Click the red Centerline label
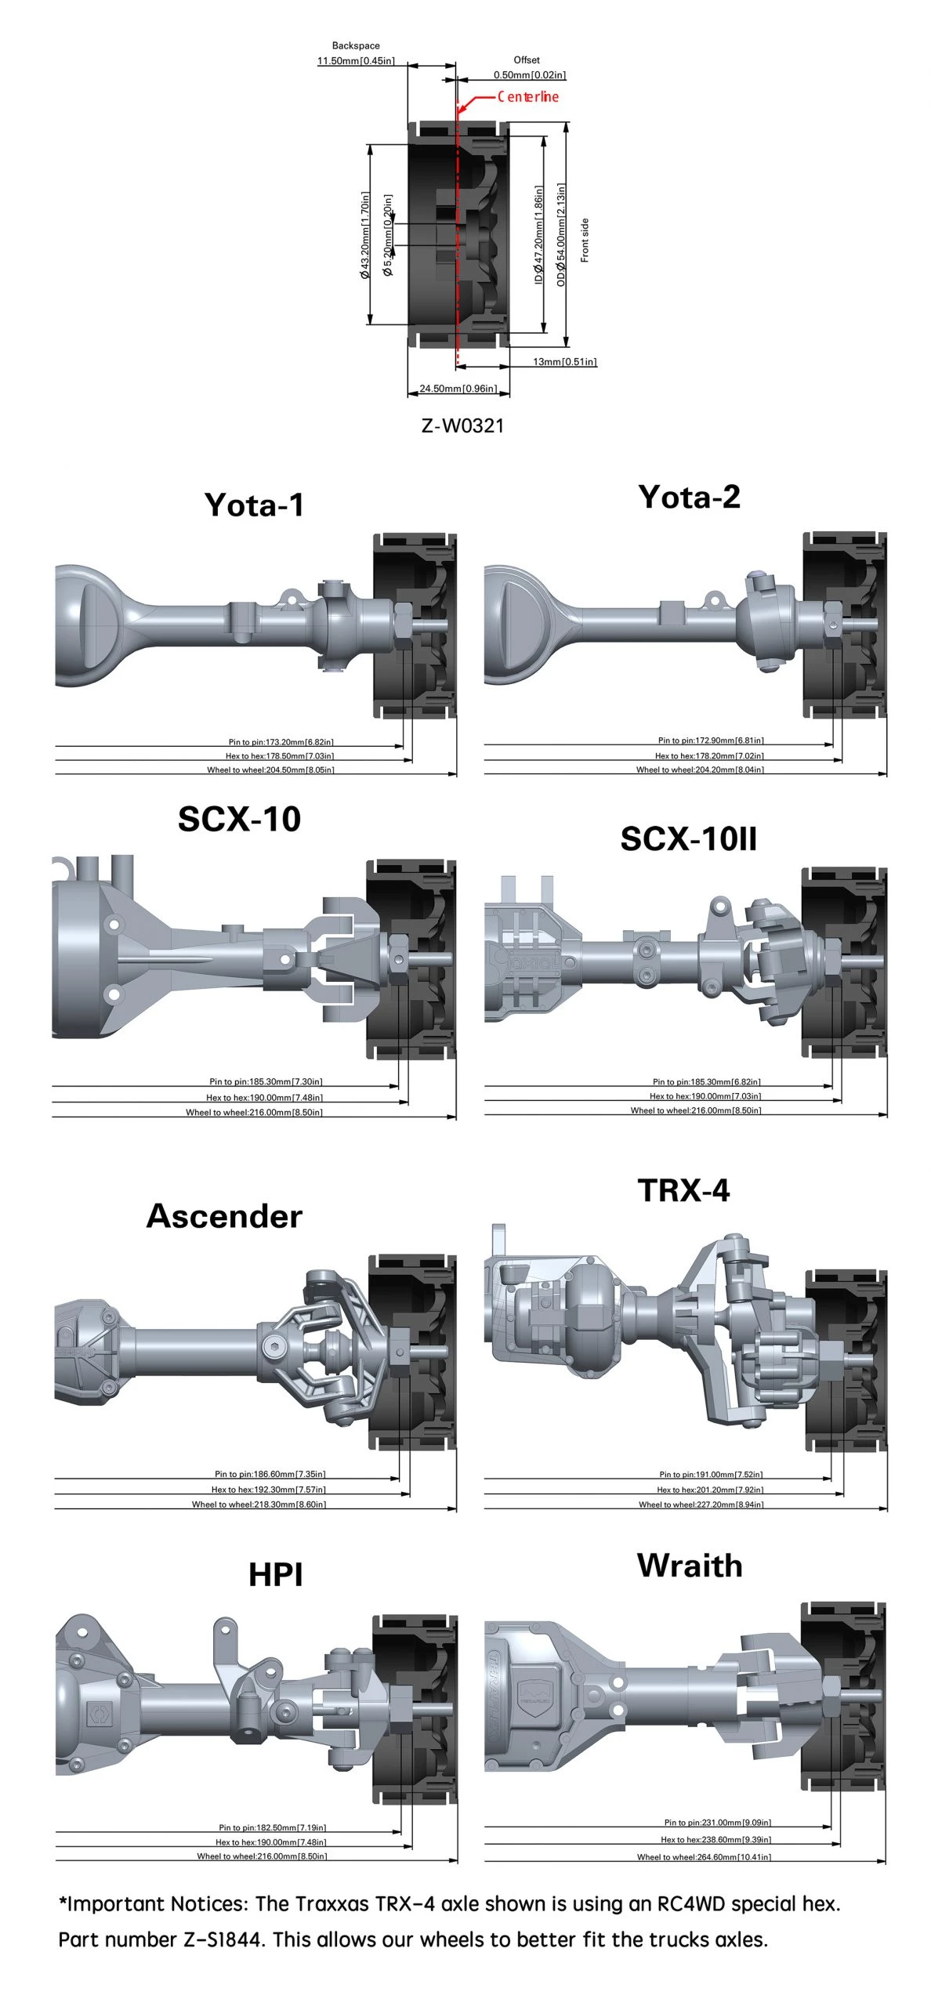point(527,96)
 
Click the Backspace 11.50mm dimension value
point(356,60)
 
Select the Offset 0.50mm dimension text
point(530,74)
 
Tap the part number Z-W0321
point(462,425)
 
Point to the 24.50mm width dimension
point(458,388)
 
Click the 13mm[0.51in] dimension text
point(564,361)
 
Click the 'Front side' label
point(585,241)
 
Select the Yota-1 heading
point(254,505)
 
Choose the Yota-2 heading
point(689,497)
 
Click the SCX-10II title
point(688,839)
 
